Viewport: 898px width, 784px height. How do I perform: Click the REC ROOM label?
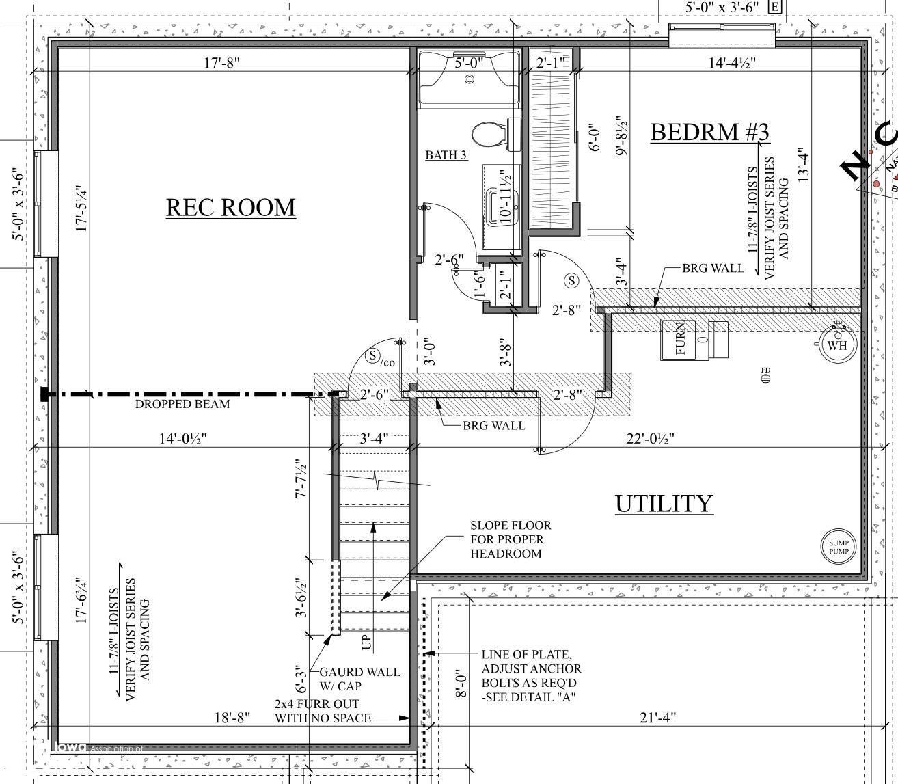pyautogui.click(x=231, y=206)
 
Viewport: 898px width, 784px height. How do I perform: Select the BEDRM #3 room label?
pyautogui.click(x=709, y=131)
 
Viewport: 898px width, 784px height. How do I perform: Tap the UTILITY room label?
pyautogui.click(x=664, y=503)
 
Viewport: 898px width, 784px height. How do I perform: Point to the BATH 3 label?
pyautogui.click(x=446, y=155)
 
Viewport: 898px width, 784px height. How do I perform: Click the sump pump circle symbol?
pyautogui.click(x=839, y=547)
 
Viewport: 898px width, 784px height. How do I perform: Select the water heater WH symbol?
pyautogui.click(x=837, y=344)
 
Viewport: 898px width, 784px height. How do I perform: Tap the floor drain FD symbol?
pyautogui.click(x=765, y=375)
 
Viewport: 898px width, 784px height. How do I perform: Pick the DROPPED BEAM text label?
pyautogui.click(x=182, y=404)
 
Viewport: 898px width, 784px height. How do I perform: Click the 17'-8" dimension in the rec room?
pyautogui.click(x=221, y=63)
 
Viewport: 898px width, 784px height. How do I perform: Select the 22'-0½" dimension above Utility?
pyautogui.click(x=650, y=439)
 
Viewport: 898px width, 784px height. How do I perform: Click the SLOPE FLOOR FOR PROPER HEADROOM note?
pyautogui.click(x=510, y=539)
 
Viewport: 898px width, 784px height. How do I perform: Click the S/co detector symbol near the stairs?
pyautogui.click(x=374, y=356)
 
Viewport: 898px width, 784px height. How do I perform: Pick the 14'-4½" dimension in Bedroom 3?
pyautogui.click(x=732, y=63)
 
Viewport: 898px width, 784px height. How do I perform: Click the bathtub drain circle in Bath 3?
pyautogui.click(x=470, y=79)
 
